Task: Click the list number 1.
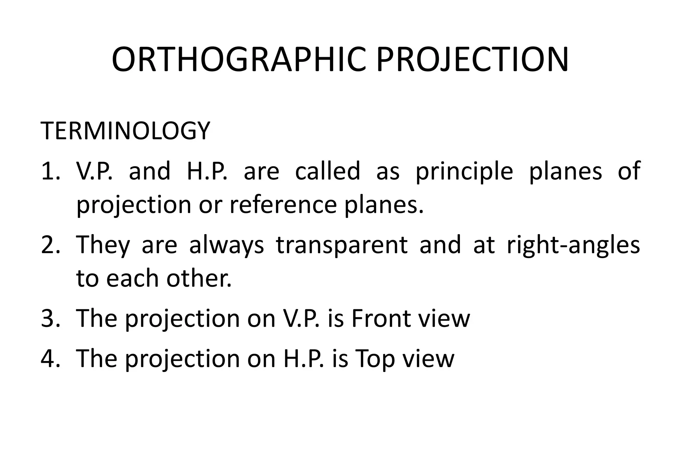(50, 171)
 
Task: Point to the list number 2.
(50, 245)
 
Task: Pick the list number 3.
(50, 318)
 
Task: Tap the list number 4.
(50, 359)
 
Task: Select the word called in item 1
(328, 171)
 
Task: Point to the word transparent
(341, 245)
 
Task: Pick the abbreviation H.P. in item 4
(303, 359)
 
